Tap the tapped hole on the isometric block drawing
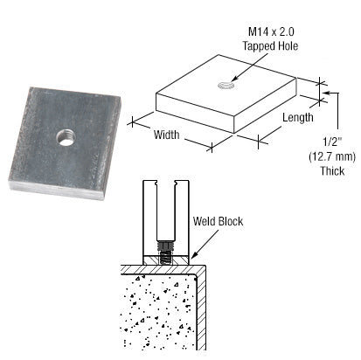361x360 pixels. (x=225, y=85)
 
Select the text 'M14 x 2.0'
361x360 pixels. (x=252, y=31)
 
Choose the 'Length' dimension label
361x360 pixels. (x=297, y=117)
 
